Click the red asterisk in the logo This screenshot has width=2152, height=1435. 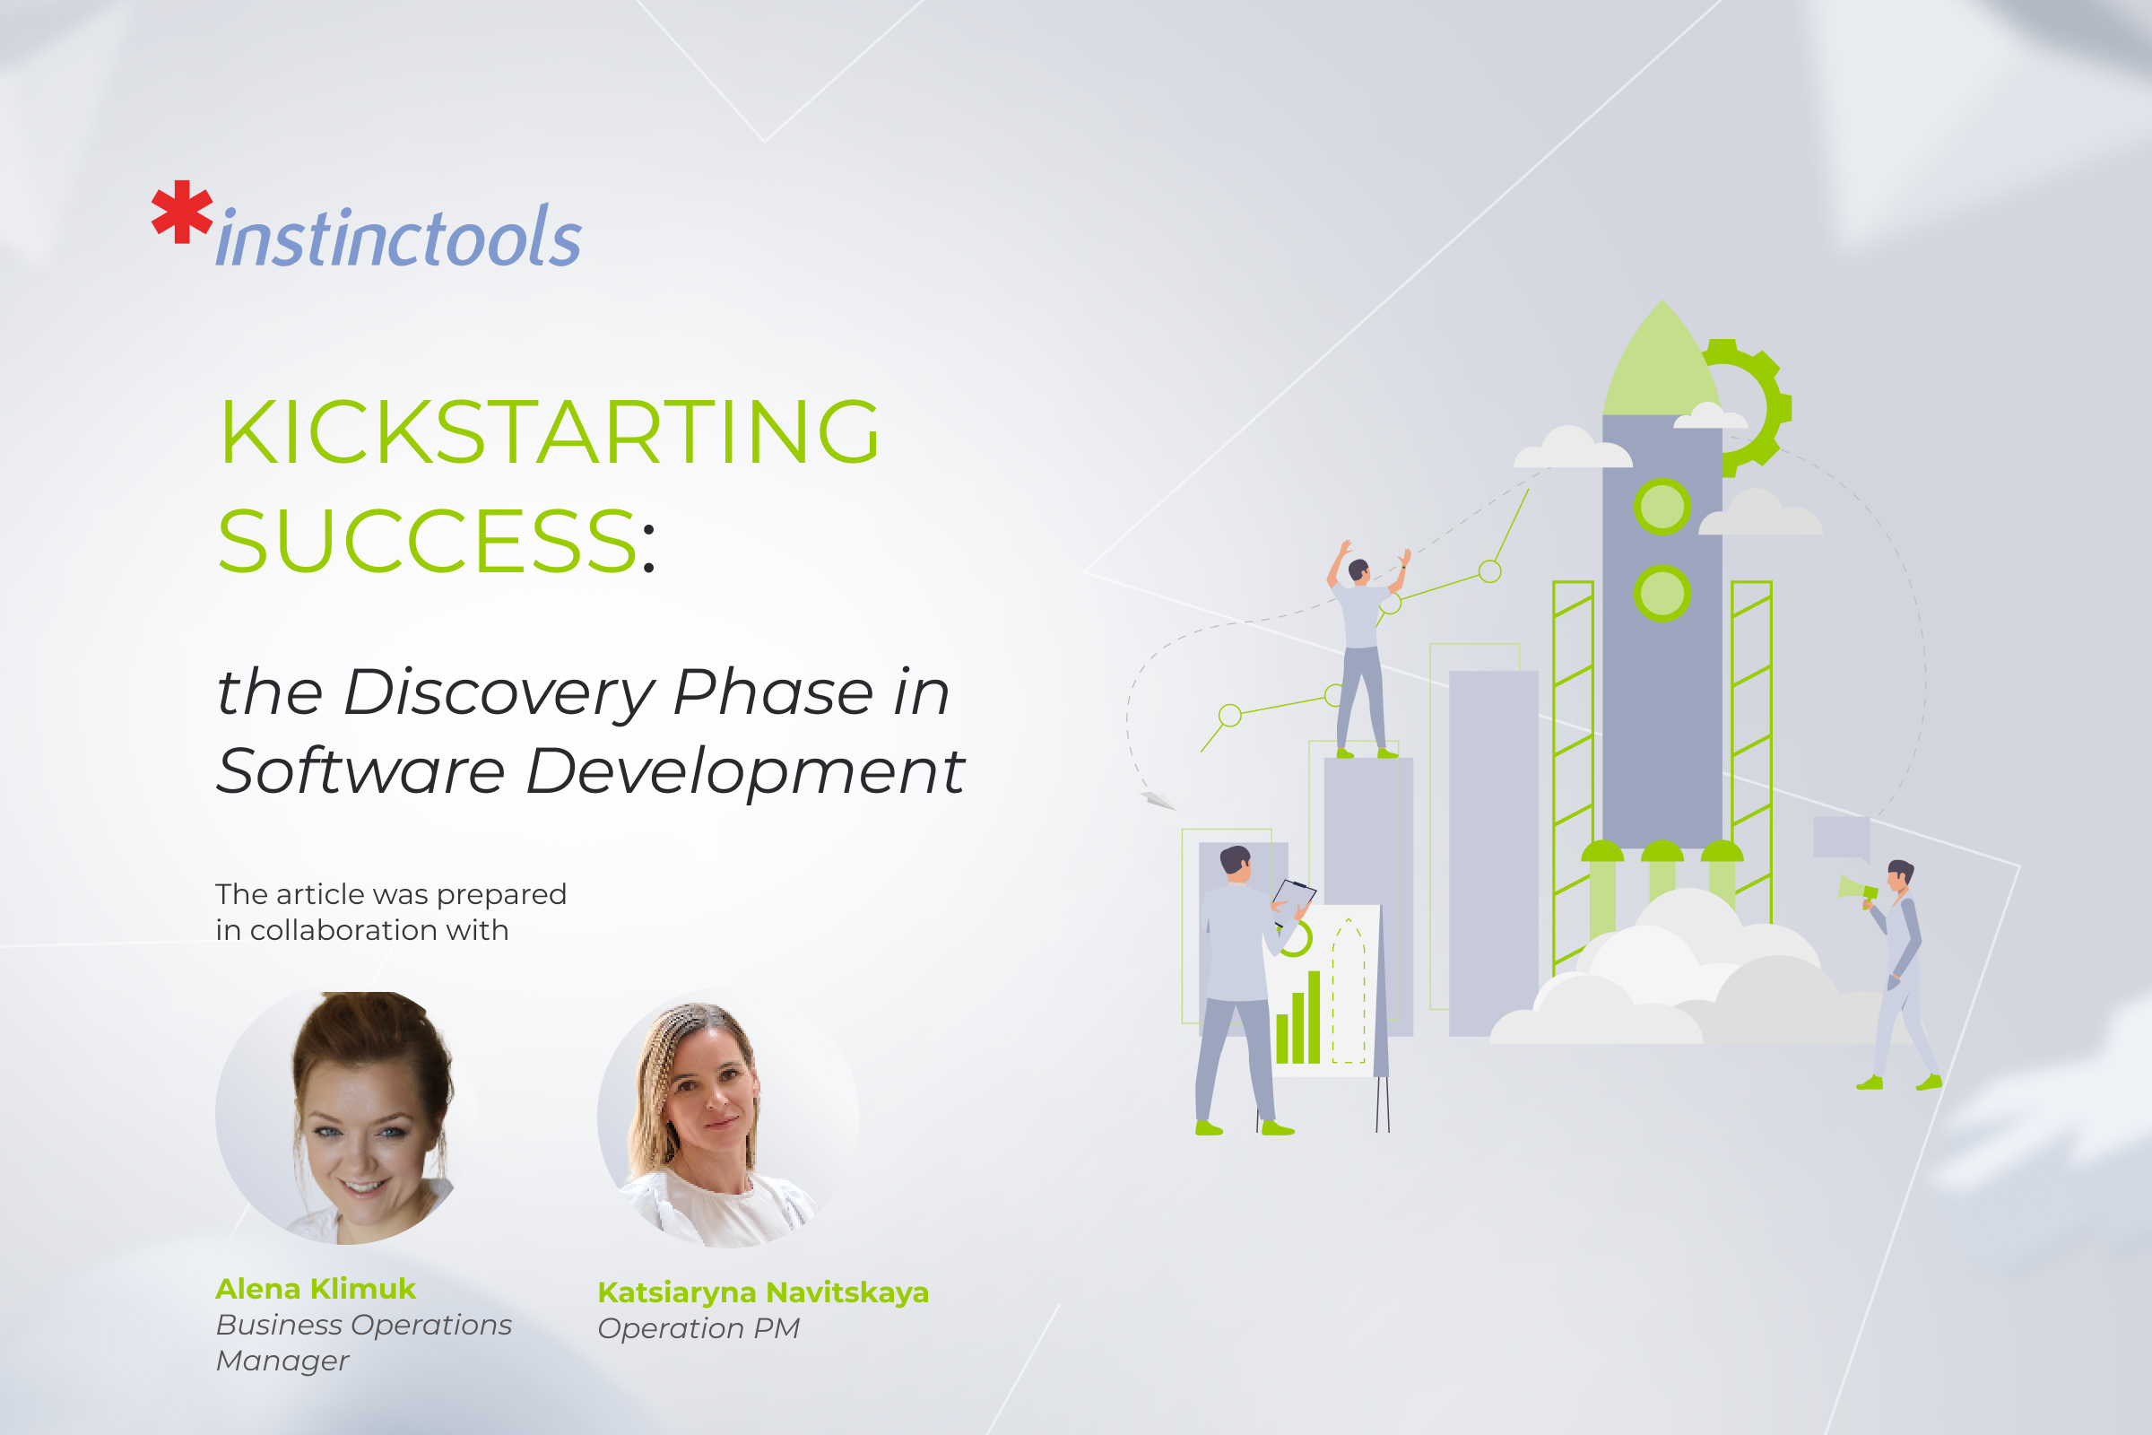coord(182,212)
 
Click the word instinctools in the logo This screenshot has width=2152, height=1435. coord(399,239)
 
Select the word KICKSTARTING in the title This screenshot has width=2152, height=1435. coord(549,432)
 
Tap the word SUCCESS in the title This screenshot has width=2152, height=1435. coord(428,542)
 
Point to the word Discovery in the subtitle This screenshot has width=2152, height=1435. coord(499,692)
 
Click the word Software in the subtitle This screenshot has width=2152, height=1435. coord(360,770)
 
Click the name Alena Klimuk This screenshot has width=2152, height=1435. coord(316,1289)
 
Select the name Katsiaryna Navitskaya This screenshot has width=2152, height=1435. coord(763,1292)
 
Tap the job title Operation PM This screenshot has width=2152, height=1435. coord(699,1328)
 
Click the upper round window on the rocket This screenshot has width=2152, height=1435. coord(1662,506)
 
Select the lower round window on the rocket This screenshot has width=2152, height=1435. coord(1662,593)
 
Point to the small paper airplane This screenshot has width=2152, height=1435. coord(1158,800)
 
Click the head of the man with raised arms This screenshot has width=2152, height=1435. coord(1358,570)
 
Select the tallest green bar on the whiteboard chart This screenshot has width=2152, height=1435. coord(1314,1017)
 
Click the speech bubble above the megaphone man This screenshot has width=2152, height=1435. coord(1841,838)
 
